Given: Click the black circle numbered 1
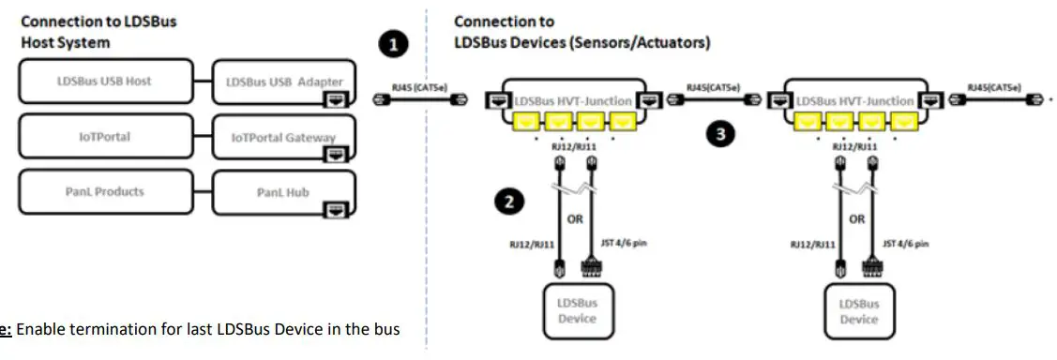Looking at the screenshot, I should [x=393, y=42].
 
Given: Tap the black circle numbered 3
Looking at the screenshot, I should [x=719, y=134].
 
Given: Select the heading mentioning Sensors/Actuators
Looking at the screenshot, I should [x=581, y=32].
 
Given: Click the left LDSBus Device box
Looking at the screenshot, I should [x=577, y=310].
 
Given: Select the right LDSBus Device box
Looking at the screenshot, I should [x=858, y=310].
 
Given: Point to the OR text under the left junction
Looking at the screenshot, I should [x=577, y=220].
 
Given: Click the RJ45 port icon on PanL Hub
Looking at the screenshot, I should [x=334, y=209].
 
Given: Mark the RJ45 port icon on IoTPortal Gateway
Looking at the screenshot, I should [x=334, y=154].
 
